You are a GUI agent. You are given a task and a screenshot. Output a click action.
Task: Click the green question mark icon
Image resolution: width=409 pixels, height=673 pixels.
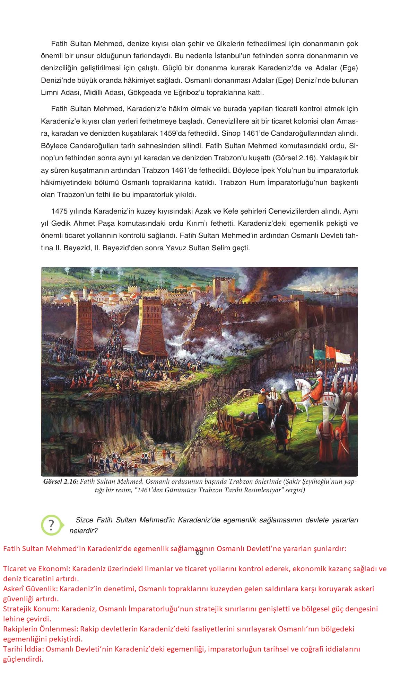tap(52, 525)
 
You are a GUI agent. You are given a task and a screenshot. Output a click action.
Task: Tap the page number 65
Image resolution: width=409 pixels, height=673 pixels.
tap(199, 553)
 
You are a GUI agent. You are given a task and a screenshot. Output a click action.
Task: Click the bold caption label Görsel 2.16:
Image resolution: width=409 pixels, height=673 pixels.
tap(61, 482)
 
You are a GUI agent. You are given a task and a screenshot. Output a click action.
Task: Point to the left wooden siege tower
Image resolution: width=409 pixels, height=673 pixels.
tap(87, 322)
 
